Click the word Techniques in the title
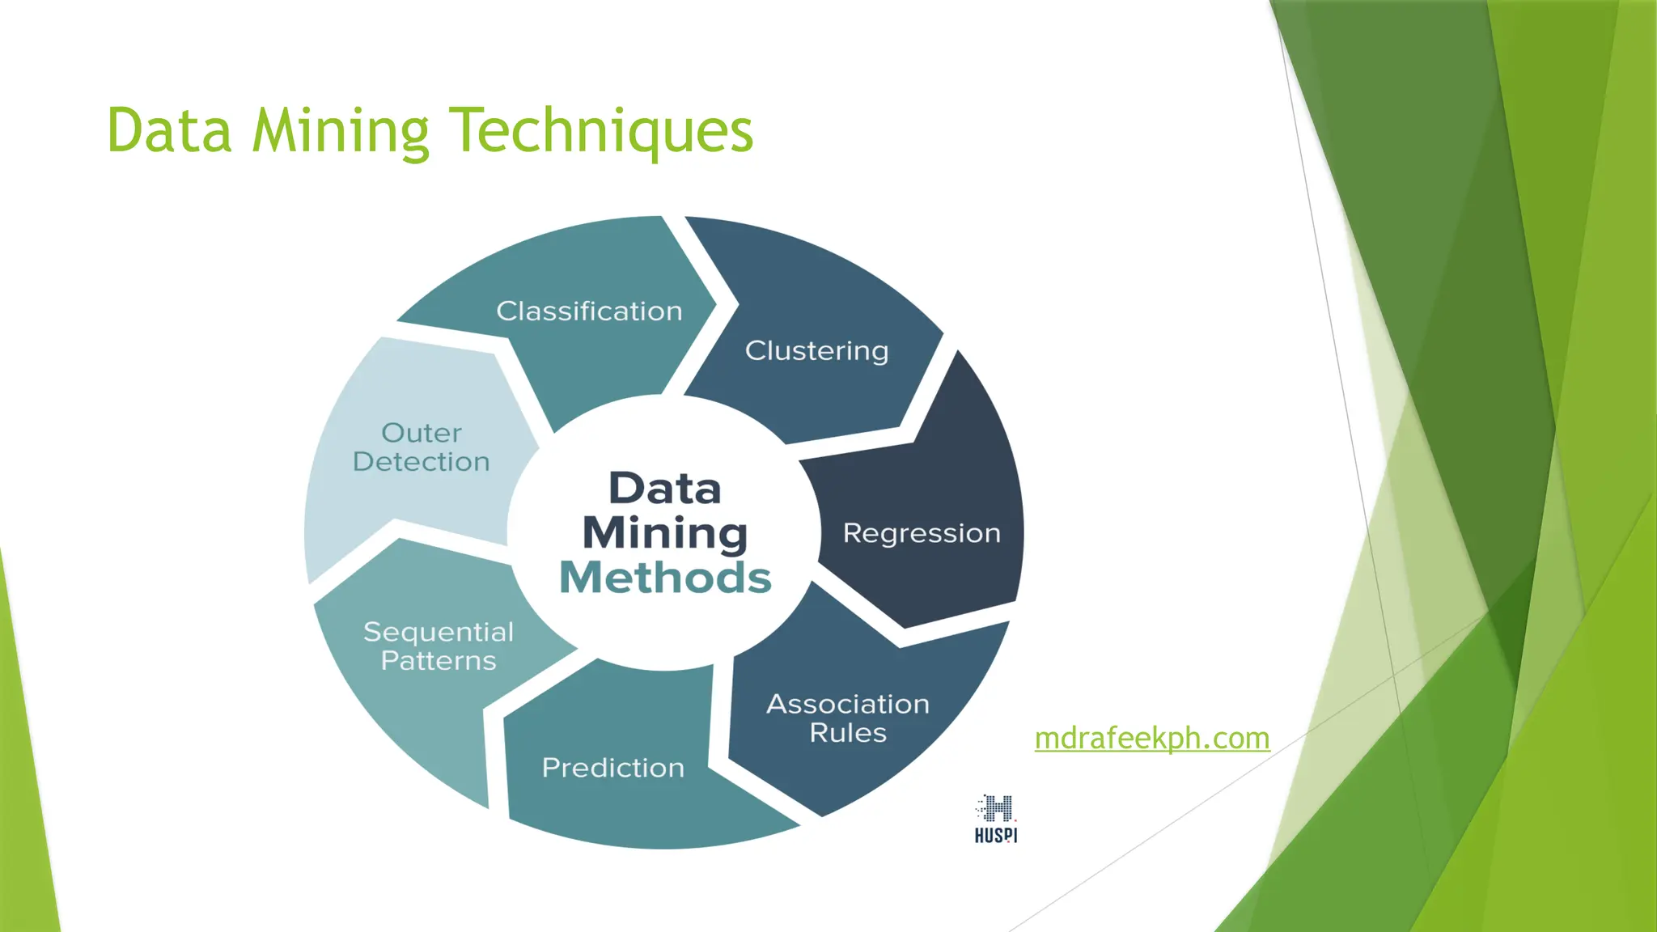pyautogui.click(x=600, y=131)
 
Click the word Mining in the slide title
pyautogui.click(x=340, y=131)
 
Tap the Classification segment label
pyautogui.click(x=589, y=311)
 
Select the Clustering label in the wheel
pyautogui.click(x=816, y=351)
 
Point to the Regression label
pyautogui.click(x=922, y=534)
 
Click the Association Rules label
pyautogui.click(x=848, y=718)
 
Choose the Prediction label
pyautogui.click(x=613, y=768)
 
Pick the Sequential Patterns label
pyautogui.click(x=439, y=646)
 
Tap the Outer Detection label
pyautogui.click(x=422, y=447)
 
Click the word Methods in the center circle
pyautogui.click(x=665, y=578)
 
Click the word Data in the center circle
pyautogui.click(x=664, y=489)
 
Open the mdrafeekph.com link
pyautogui.click(x=1152, y=738)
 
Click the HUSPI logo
pyautogui.click(x=996, y=819)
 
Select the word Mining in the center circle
pyautogui.click(x=665, y=534)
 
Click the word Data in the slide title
pyautogui.click(x=169, y=131)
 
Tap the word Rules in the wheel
pyautogui.click(x=848, y=733)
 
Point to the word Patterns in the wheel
pyautogui.click(x=439, y=661)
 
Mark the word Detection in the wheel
pyautogui.click(x=422, y=462)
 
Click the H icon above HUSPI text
pyautogui.click(x=998, y=807)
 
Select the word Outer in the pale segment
pyautogui.click(x=422, y=433)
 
